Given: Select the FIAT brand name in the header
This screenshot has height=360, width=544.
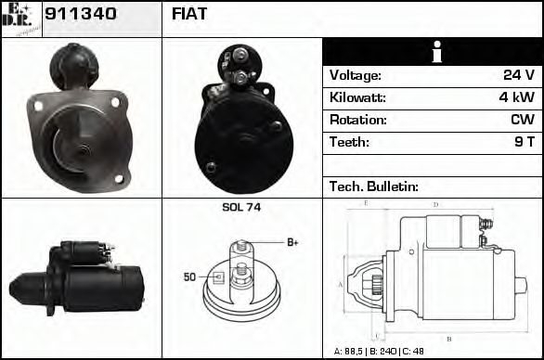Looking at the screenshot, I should [x=189, y=14].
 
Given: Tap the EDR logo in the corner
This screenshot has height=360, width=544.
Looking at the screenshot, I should [x=20, y=18].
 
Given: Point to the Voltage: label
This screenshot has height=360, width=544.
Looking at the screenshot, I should [x=355, y=75].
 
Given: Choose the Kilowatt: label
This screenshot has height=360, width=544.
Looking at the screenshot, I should [x=357, y=97].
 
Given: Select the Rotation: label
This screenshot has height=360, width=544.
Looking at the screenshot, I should [x=357, y=120].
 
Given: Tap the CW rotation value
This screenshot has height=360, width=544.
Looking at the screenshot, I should [x=522, y=120].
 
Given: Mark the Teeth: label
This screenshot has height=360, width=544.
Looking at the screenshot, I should [x=349, y=142].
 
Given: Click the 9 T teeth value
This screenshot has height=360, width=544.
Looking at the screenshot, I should [x=525, y=142].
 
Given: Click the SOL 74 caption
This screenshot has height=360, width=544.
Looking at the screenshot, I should [x=241, y=208].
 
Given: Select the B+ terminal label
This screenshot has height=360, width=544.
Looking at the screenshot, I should [x=292, y=243].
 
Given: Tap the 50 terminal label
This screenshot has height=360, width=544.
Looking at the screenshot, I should [x=189, y=276].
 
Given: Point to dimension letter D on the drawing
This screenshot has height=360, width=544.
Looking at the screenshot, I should [x=435, y=204].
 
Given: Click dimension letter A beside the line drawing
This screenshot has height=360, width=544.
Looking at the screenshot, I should [x=340, y=284].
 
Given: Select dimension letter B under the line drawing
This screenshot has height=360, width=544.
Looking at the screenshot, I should [x=449, y=338].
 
